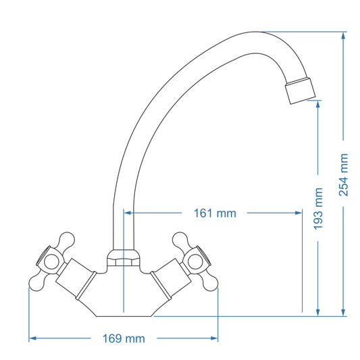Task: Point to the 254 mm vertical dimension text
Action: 344,174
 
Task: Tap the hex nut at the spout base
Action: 124,258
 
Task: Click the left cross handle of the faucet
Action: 51,261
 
